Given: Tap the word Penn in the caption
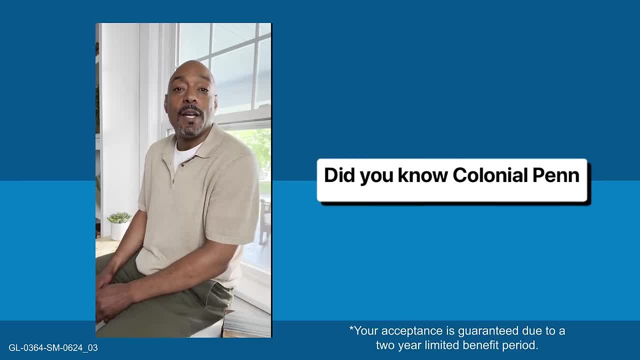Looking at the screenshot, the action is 556,175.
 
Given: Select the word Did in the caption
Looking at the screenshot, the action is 339,175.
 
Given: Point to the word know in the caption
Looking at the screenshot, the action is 423,175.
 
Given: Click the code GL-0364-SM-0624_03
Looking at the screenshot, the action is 53,347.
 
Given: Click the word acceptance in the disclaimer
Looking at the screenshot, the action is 411,331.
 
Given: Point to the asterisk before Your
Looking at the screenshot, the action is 351,328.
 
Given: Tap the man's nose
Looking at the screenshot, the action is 190,99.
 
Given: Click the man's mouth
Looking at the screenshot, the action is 189,115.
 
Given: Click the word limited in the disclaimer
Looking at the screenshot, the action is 441,345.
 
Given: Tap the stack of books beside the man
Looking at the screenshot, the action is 247,324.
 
